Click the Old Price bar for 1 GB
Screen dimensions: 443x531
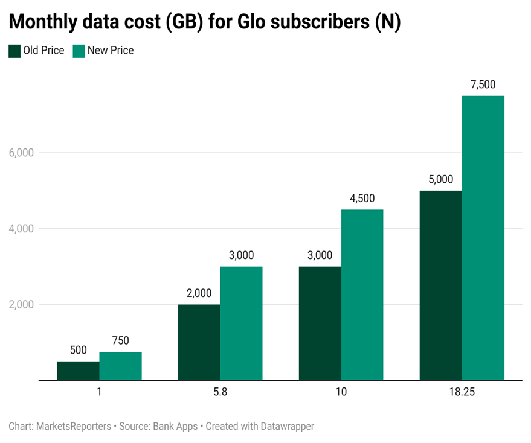pyautogui.click(x=78, y=371)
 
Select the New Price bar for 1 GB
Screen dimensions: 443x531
pyautogui.click(x=120, y=366)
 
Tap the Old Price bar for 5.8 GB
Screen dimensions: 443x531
pyautogui.click(x=199, y=342)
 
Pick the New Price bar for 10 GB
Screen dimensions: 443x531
pyautogui.click(x=362, y=295)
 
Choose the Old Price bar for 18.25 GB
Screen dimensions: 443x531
pyautogui.click(x=440, y=285)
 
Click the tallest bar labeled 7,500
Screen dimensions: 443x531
pyautogui.click(x=483, y=238)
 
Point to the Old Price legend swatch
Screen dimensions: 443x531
pyautogui.click(x=14, y=51)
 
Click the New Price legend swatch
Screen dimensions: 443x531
pyautogui.click(x=79, y=51)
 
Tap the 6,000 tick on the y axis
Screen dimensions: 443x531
pyautogui.click(x=21, y=153)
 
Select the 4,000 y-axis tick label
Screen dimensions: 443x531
pyautogui.click(x=21, y=229)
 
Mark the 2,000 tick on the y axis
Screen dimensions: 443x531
pyautogui.click(x=21, y=305)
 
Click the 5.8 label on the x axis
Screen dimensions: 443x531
pyautogui.click(x=220, y=392)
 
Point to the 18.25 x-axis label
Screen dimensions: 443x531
pyautogui.click(x=462, y=392)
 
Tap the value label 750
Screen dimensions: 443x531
pyautogui.click(x=120, y=341)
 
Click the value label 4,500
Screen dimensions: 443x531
pyautogui.click(x=362, y=199)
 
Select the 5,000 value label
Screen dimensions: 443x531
pyautogui.click(x=440, y=180)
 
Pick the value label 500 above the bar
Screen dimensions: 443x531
pyautogui.click(x=78, y=351)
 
